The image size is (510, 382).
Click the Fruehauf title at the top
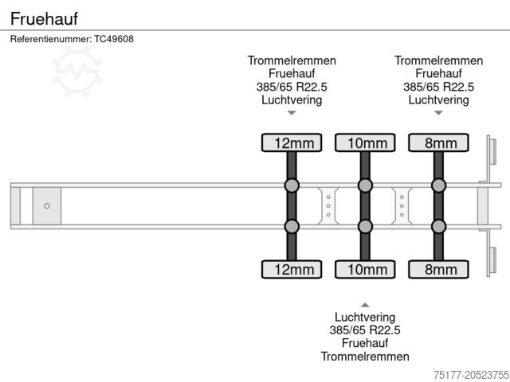(44, 18)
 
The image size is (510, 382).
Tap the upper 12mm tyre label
(292, 143)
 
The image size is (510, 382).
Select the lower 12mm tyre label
(292, 269)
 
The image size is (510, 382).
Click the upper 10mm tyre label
(365, 143)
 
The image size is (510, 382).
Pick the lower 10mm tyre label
(365, 269)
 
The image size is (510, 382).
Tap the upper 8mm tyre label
(438, 143)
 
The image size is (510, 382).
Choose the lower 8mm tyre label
(438, 269)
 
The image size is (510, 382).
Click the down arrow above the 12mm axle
(292, 113)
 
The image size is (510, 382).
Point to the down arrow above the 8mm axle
(438, 113)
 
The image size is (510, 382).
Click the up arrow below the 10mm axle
(365, 305)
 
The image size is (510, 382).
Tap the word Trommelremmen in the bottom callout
(365, 357)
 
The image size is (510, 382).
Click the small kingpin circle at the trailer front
(47, 206)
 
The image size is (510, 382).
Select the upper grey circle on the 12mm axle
(292, 186)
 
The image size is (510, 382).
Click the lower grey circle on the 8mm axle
(438, 226)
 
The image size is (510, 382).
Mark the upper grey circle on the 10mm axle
(365, 186)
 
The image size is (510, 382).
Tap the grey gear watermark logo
(77, 71)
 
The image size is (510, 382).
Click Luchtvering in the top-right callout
(438, 99)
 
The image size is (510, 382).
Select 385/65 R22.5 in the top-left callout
(292, 87)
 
